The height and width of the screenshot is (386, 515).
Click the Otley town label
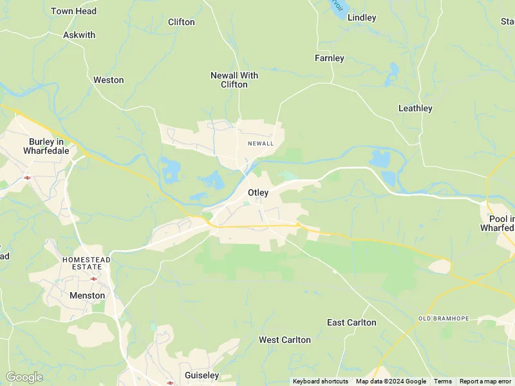pyautogui.click(x=258, y=192)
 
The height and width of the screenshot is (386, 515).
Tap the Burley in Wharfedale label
pyautogui.click(x=45, y=145)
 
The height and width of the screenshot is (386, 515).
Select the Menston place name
pyautogui.click(x=87, y=295)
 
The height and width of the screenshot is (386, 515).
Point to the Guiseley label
pyautogui.click(x=201, y=375)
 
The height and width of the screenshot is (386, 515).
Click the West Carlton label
pyautogui.click(x=285, y=340)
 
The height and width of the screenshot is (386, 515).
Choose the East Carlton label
pyautogui.click(x=351, y=322)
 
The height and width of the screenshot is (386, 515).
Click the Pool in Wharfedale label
pyautogui.click(x=498, y=223)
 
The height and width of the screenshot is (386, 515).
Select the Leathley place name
pyautogui.click(x=415, y=108)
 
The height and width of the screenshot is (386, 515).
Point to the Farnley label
pyautogui.click(x=330, y=58)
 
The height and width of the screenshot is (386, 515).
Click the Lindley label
pyautogui.click(x=362, y=17)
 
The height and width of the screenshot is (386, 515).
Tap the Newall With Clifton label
pyautogui.click(x=234, y=80)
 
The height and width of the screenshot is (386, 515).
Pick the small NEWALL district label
pyautogui.click(x=261, y=143)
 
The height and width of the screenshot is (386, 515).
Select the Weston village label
pyautogui.click(x=108, y=80)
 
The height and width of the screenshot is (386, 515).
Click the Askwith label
pyautogui.click(x=79, y=35)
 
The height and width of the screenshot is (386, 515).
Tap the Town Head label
pyautogui.click(x=73, y=11)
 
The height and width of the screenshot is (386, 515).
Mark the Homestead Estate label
pyautogui.click(x=86, y=262)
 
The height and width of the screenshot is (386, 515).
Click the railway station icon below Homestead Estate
pyautogui.click(x=94, y=279)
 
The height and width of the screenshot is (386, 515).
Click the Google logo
pyautogui.click(x=24, y=377)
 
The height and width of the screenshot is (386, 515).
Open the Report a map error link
pyautogui.click(x=486, y=381)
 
